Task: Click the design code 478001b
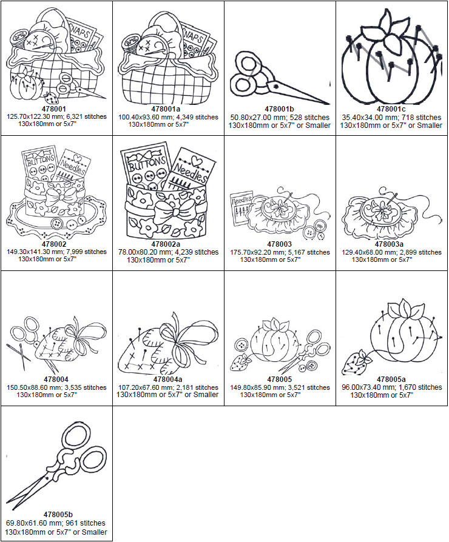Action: pos(280,109)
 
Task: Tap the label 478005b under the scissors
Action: pos(55,514)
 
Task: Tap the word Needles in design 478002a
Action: pos(191,164)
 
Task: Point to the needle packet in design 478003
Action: pos(243,207)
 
